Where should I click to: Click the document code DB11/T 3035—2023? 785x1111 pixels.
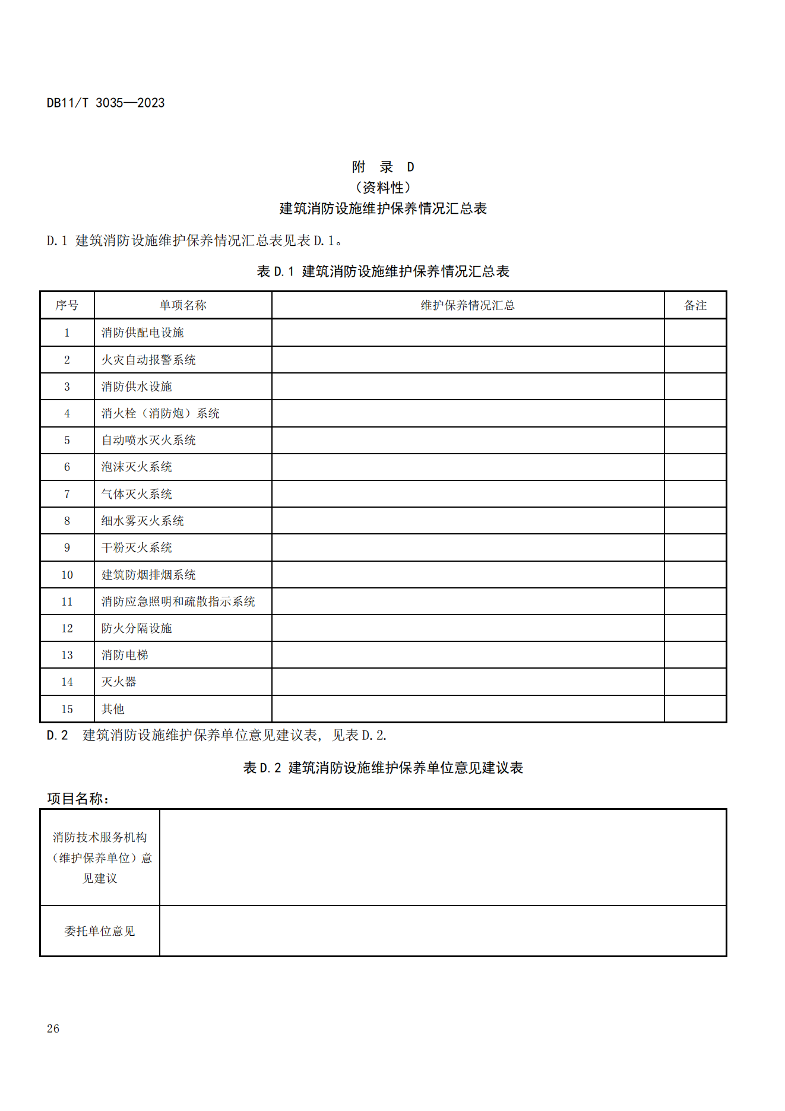pos(106,103)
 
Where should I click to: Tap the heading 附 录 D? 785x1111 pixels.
pos(383,167)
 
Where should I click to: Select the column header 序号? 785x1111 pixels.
pos(67,305)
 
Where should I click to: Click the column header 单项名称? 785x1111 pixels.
pos(183,305)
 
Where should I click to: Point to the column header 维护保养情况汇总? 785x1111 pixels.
pos(468,305)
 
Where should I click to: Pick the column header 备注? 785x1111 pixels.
pos(695,305)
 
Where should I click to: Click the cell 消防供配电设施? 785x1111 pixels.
pos(143,333)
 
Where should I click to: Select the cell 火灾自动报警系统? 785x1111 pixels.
pos(148,360)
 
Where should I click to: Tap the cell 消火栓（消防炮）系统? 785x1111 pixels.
pos(160,413)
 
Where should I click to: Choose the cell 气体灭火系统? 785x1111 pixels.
pos(137,494)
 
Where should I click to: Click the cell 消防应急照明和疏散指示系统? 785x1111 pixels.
pos(178,602)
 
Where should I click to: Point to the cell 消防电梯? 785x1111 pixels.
pos(125,655)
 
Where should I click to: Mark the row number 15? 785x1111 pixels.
pos(67,709)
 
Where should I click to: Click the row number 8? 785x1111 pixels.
pos(67,521)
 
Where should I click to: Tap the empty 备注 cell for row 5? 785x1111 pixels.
pos(695,440)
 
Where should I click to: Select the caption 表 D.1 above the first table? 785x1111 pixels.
pos(383,271)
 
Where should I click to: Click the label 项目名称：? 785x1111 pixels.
pos(78,799)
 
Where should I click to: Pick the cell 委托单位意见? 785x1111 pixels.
pos(100,931)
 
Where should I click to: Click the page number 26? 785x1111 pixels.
pos(53,1028)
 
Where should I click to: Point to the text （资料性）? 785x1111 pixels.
pos(383,188)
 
